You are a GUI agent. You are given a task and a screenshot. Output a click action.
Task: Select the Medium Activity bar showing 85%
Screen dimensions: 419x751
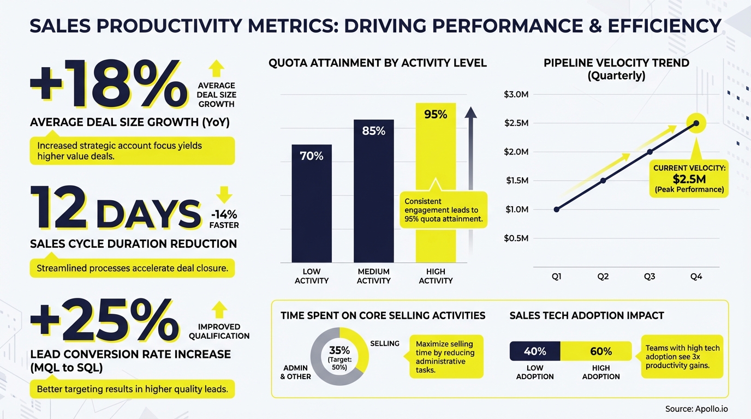tap(373, 191)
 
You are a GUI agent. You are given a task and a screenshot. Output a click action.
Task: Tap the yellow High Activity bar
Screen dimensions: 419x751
tap(436, 164)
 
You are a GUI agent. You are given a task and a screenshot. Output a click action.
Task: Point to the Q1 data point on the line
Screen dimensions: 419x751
tap(557, 209)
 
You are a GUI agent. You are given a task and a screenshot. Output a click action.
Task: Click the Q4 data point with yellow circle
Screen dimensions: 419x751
tap(696, 123)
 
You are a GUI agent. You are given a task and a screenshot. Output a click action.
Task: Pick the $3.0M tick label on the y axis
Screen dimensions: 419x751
tap(516, 95)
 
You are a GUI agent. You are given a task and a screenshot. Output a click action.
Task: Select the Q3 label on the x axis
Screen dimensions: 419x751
tap(649, 277)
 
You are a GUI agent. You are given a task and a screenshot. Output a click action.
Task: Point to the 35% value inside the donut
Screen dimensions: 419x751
tap(339, 350)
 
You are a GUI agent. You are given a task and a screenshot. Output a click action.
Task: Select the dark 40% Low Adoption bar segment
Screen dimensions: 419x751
tap(535, 351)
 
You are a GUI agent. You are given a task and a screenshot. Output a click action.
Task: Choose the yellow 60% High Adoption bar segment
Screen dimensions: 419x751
tap(601, 351)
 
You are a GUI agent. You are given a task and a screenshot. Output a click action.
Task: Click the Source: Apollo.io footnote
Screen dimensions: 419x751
tap(696, 409)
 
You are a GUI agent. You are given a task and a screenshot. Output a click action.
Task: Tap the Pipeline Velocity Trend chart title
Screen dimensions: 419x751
tap(616, 69)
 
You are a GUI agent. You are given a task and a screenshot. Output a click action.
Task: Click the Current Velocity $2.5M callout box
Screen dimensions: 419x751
tap(689, 179)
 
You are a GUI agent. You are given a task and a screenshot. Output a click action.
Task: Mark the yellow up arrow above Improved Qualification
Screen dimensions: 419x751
tap(219, 309)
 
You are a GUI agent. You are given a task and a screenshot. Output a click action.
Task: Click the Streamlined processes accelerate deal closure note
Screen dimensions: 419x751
tap(132, 268)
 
